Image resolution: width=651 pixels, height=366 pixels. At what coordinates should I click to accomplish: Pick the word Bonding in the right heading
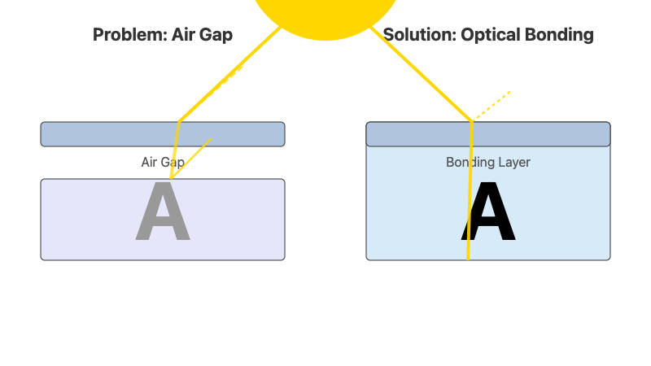(561, 35)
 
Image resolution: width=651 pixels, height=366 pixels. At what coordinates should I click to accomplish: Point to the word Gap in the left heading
(216, 35)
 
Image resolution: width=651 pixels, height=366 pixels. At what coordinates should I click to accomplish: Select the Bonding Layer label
(488, 162)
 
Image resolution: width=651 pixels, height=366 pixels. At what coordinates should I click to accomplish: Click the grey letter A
(163, 214)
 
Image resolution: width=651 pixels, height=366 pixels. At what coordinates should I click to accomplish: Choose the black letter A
(488, 214)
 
